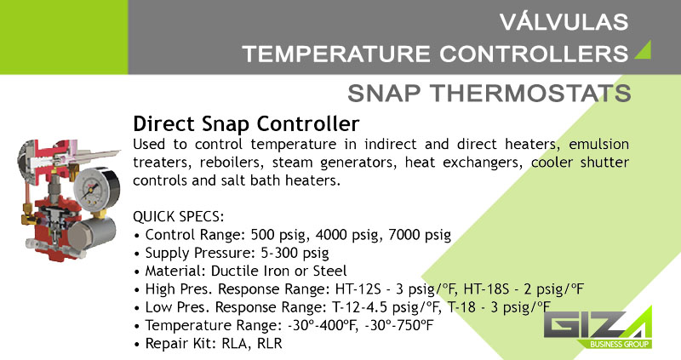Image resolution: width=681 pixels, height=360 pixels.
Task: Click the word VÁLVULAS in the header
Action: (x=564, y=22)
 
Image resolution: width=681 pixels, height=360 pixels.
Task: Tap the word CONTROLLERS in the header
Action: (x=534, y=54)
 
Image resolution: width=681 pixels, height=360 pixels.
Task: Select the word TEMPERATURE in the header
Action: (x=336, y=54)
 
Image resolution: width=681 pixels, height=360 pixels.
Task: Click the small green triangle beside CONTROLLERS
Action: (x=644, y=51)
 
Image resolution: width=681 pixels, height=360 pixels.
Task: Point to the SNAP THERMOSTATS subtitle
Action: (x=489, y=93)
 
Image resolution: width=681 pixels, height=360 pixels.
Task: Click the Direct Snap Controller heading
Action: (x=246, y=123)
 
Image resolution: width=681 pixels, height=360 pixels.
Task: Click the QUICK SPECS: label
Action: (x=179, y=216)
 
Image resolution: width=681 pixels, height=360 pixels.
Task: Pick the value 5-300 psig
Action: (x=295, y=253)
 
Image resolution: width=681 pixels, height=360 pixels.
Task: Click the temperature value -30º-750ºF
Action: (x=399, y=325)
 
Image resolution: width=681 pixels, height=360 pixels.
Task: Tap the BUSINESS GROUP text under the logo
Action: (x=620, y=345)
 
